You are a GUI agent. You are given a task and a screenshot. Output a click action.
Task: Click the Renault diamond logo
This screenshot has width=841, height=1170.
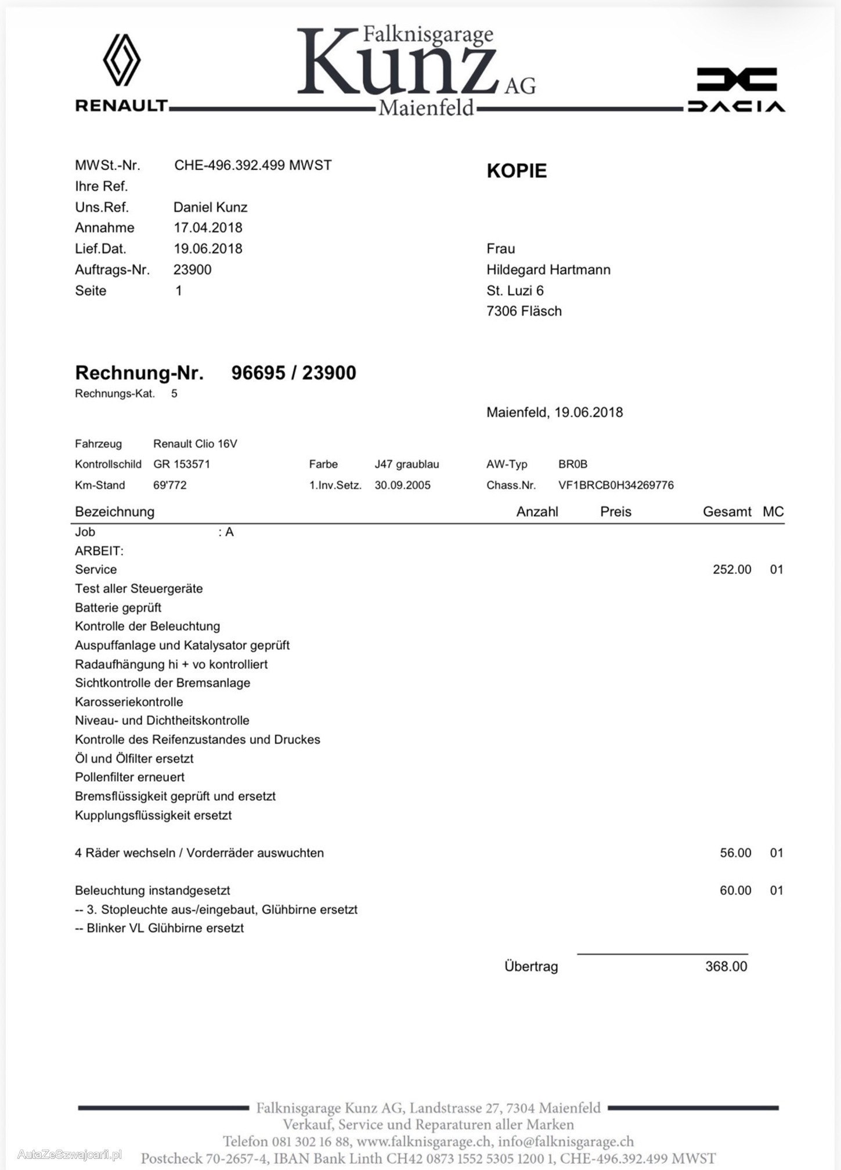coord(121,60)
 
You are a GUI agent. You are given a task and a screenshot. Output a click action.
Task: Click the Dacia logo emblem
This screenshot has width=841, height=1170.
coord(737,80)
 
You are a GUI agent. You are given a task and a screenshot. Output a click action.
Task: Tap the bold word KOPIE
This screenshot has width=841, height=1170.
coord(516,171)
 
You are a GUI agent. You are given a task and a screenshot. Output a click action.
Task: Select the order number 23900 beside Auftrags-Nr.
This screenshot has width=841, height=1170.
coord(192,270)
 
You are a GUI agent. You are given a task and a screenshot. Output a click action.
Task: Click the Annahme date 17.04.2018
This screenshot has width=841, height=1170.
coord(208,228)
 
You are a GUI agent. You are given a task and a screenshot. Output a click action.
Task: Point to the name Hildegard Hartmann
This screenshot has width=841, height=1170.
coord(548,270)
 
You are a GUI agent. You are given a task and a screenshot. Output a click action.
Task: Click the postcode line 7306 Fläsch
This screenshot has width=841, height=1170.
coord(524,311)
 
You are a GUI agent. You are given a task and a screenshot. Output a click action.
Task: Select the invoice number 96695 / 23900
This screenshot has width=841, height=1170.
coord(293,373)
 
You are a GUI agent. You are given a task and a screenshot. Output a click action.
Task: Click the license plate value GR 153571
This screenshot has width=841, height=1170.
coord(182,464)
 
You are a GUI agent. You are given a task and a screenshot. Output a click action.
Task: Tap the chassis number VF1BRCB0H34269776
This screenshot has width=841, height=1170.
coord(615,485)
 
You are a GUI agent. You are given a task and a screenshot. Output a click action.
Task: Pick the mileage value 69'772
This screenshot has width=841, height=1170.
coord(169,485)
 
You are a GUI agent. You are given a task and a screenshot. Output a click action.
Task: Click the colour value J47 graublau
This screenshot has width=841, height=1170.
coord(406,464)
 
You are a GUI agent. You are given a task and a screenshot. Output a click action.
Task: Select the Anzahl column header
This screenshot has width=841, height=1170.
coord(537,512)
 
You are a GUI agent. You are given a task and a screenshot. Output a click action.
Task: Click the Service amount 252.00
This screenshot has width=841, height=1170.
coord(731,569)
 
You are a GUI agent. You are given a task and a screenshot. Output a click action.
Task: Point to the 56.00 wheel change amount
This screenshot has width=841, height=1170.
coord(735,853)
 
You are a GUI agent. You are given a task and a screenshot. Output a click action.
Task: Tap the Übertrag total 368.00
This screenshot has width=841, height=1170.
coord(726,966)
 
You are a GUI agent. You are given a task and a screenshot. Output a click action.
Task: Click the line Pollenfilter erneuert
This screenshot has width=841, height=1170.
coord(129,777)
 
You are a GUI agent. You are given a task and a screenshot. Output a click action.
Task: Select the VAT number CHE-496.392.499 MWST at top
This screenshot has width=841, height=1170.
coord(252,165)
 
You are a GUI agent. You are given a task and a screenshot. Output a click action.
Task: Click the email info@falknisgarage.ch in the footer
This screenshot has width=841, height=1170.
coord(565,1142)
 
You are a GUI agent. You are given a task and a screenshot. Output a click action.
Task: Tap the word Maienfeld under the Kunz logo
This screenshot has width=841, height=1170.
coord(426,108)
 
